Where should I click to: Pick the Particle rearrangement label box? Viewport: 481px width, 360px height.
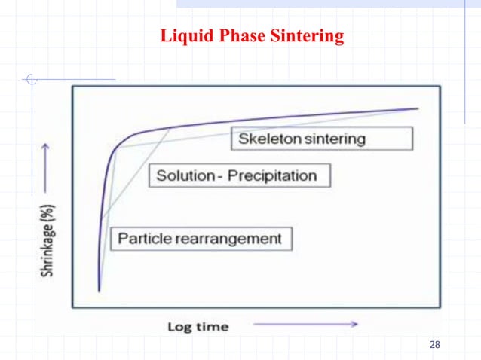201,239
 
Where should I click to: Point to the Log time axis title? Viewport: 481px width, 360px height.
198,326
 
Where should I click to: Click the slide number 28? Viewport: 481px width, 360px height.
434,345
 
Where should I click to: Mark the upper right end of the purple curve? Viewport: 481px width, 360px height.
417,108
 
